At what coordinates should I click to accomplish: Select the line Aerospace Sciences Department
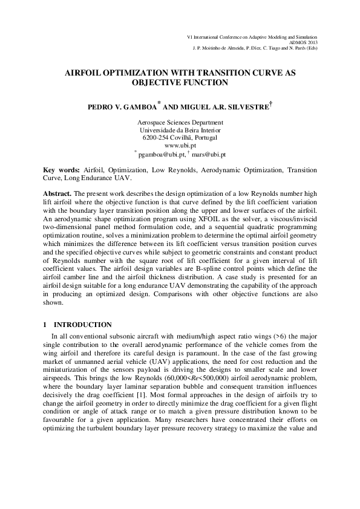tap(180, 122)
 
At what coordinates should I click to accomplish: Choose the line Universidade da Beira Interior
tap(180, 130)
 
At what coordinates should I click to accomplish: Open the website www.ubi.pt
tap(180, 146)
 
